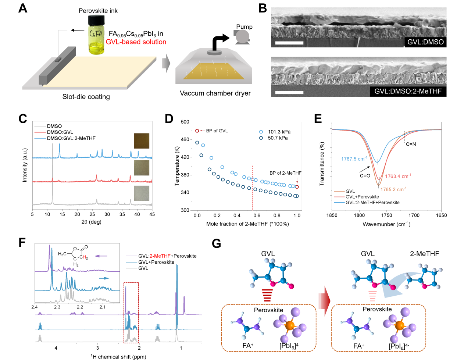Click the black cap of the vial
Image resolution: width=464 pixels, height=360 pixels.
(96, 19)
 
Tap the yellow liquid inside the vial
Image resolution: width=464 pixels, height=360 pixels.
(96, 47)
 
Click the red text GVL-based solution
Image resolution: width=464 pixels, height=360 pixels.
(136, 42)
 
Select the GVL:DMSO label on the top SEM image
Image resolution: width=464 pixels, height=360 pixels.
(425, 42)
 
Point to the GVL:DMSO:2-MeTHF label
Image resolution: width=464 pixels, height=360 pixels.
(408, 91)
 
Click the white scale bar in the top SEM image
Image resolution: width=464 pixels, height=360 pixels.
(289, 43)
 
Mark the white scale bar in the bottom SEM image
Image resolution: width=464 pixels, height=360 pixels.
(289, 92)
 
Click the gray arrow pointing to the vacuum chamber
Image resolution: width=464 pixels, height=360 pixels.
(166, 63)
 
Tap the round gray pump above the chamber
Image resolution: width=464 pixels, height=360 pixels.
(242, 36)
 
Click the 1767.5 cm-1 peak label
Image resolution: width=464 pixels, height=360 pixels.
(354, 159)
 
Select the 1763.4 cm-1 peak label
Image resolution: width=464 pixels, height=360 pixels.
(398, 176)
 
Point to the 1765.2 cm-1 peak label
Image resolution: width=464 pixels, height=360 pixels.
(393, 189)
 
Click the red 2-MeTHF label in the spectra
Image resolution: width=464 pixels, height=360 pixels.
(160, 256)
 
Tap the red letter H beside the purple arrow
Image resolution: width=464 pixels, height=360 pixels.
(84, 257)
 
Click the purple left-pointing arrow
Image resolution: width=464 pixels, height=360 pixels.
(100, 256)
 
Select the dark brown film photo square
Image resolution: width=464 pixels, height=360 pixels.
(142, 141)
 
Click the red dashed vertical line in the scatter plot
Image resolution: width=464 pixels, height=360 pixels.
(253, 188)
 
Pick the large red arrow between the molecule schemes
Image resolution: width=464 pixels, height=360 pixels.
(324, 301)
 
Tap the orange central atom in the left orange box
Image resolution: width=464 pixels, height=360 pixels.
(290, 325)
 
